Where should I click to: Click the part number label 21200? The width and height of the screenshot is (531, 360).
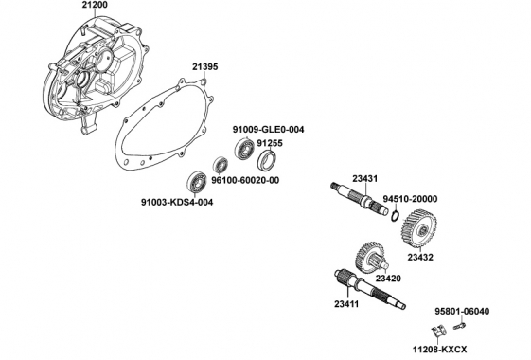[95, 5]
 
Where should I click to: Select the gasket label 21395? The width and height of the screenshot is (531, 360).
[205, 66]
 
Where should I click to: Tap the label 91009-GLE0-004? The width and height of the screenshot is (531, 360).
[268, 130]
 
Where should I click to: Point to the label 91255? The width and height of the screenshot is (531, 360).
[270, 143]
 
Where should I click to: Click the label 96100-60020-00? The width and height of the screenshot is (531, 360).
[245, 180]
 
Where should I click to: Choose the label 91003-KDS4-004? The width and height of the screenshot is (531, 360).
[177, 203]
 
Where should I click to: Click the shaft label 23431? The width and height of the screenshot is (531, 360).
[364, 179]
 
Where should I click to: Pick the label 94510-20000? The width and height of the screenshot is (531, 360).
[410, 199]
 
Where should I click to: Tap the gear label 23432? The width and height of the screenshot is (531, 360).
[420, 258]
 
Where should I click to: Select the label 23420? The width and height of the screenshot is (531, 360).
[388, 279]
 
